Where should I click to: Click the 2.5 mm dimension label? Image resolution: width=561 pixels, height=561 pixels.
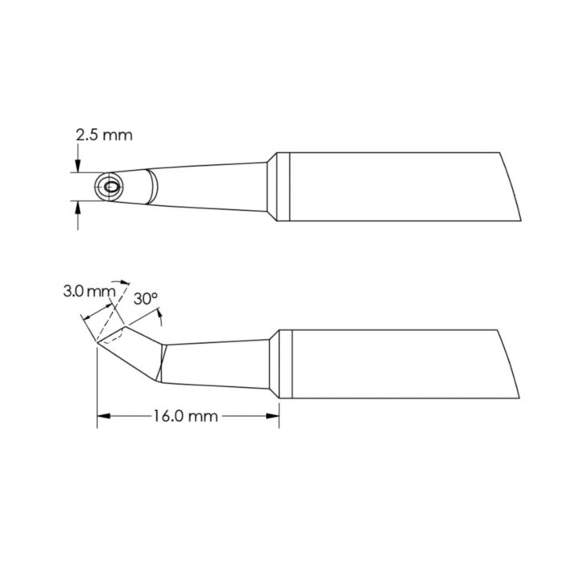[103, 136]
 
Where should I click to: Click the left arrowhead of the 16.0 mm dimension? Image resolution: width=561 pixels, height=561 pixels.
[102, 416]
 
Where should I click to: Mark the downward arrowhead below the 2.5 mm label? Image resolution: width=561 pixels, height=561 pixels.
[78, 167]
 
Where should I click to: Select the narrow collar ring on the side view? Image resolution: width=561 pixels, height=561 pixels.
[272, 365]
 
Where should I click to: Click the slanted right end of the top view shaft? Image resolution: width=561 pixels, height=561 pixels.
[511, 188]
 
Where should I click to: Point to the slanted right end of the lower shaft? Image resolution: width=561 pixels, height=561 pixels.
[511, 365]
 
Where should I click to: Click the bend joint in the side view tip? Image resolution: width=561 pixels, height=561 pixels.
[163, 362]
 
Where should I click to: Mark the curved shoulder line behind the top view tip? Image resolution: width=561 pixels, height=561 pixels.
[155, 188]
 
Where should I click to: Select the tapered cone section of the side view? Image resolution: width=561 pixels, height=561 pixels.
[216, 365]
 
